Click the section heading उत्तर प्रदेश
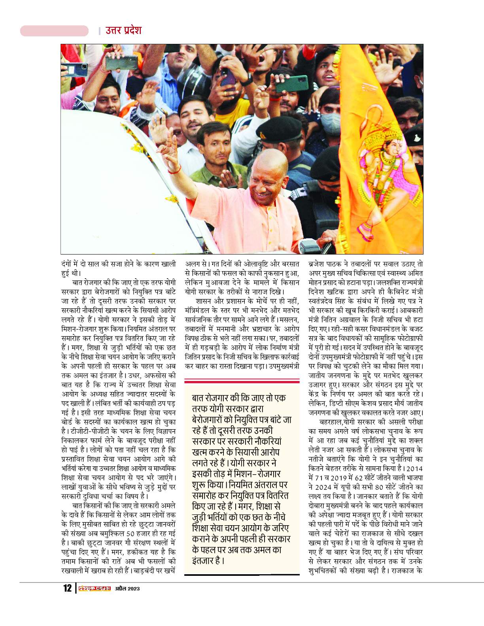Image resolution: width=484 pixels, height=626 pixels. point(123,30)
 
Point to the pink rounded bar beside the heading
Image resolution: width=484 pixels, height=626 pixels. point(54,31)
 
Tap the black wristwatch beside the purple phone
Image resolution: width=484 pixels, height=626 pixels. point(248,77)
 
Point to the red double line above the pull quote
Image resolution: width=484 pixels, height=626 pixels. point(242,381)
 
